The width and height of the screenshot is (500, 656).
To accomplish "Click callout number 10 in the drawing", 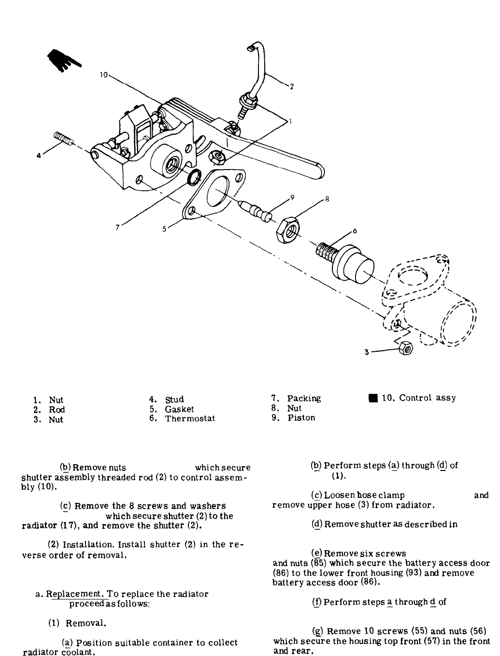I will coord(103,75).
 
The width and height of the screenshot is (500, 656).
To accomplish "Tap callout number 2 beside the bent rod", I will coord(291,87).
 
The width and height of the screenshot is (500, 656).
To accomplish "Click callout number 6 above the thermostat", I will coord(355,231).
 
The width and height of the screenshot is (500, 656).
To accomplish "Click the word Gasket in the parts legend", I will coord(179,409).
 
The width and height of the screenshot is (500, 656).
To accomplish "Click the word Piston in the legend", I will coord(301,418).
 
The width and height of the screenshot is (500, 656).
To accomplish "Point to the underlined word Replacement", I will coord(73,594).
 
